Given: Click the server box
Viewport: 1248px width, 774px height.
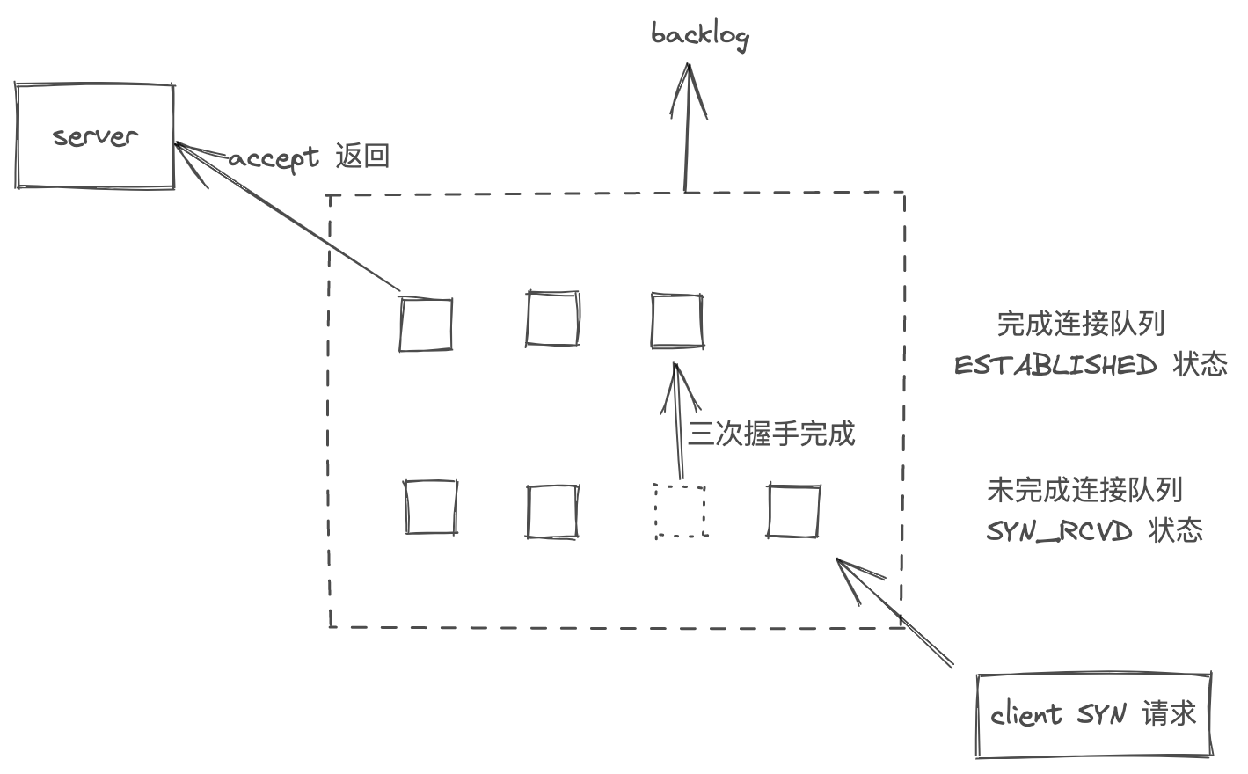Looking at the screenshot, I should (x=94, y=135).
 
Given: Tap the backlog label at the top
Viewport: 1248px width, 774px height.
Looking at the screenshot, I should (x=699, y=35).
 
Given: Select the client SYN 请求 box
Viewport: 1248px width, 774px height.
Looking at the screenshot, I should (x=1093, y=715).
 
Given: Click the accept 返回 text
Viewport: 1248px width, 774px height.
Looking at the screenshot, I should (x=309, y=157).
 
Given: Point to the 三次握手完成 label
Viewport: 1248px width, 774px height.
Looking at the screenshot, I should (x=770, y=434).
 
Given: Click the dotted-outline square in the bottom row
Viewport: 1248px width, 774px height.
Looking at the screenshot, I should (x=681, y=511).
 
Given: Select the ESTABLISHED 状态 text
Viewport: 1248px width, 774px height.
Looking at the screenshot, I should (x=1090, y=364).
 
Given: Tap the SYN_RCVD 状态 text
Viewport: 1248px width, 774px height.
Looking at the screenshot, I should (x=1093, y=530).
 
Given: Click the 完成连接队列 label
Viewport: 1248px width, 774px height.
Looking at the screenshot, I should (x=1080, y=324).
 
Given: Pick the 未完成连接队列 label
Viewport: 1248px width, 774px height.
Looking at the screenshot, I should (x=1084, y=490).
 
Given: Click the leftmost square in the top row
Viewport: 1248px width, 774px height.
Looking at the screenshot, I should (x=426, y=324).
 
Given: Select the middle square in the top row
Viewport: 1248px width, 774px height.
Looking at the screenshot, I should (x=552, y=319).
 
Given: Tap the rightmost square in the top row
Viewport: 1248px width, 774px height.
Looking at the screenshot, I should (x=676, y=321).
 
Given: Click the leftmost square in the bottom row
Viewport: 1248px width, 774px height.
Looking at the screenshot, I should (x=431, y=507).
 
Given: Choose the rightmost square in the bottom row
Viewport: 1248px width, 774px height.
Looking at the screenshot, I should (x=793, y=510).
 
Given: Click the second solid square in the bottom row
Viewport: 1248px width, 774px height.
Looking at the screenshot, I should (x=552, y=511).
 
